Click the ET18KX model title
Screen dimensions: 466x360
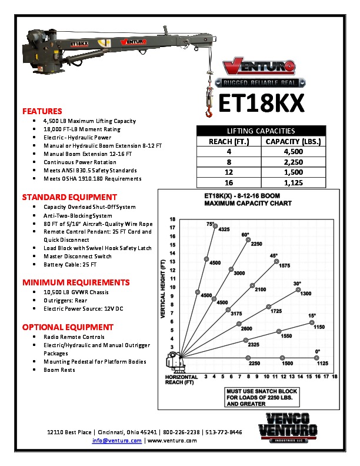pos(261,104)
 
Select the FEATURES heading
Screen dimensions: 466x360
pos(42,111)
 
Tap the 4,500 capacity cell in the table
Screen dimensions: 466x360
pos(292,151)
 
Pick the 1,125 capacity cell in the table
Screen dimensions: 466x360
pos(292,182)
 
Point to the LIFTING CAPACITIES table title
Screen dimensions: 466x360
pos(261,131)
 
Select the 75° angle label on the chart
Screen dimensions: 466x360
pos(210,224)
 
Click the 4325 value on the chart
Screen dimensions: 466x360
pos(224,229)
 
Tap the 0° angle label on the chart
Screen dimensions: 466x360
pos(318,351)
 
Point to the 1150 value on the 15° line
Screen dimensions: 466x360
pos(319,327)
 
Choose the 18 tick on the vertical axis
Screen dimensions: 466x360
pos(172,218)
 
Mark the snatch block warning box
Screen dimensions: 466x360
pos(262,398)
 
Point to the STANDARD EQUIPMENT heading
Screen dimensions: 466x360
pos(69,197)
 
